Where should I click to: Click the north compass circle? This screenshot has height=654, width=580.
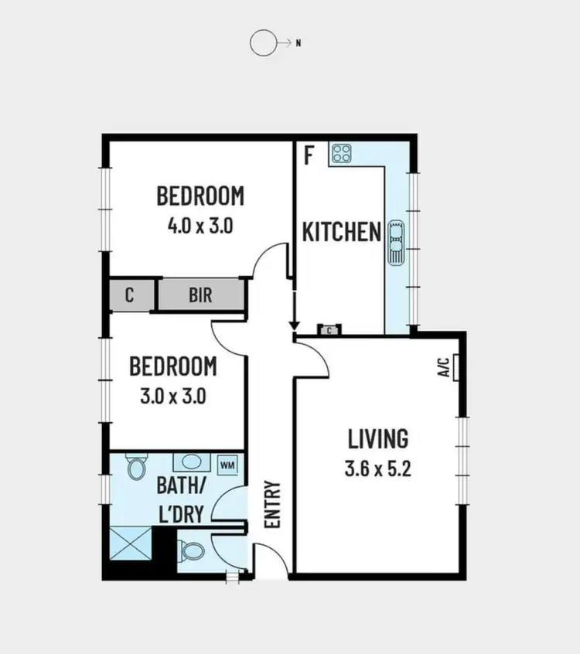click(x=262, y=43)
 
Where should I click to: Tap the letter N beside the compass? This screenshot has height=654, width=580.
click(x=298, y=43)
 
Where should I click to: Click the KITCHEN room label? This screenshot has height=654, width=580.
click(x=341, y=232)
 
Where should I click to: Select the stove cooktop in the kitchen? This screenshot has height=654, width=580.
click(x=342, y=154)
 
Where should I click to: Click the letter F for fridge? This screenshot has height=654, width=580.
click(x=309, y=155)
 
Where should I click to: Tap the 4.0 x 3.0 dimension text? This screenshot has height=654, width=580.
click(x=200, y=227)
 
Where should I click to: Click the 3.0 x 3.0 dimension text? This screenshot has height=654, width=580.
click(x=172, y=396)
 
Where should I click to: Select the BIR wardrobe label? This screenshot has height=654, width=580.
click(x=200, y=295)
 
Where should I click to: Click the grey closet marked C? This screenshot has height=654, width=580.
click(x=130, y=295)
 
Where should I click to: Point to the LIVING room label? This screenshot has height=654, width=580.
click(x=377, y=439)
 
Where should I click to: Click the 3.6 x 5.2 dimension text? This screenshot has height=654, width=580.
click(x=377, y=468)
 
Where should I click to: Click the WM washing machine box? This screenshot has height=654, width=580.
click(x=227, y=465)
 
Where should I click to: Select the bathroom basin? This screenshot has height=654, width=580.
click(x=189, y=462)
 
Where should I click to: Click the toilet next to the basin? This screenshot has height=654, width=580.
click(x=137, y=467)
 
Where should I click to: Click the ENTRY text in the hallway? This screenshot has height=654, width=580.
click(x=272, y=505)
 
